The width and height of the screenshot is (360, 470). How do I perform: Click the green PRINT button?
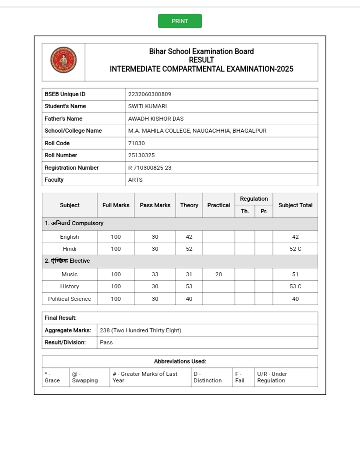(x=180, y=21)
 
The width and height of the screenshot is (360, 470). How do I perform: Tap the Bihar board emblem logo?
(x=63, y=60)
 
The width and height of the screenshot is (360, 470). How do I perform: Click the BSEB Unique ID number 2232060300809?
(x=149, y=94)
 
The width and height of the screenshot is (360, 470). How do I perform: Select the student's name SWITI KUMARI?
(x=147, y=106)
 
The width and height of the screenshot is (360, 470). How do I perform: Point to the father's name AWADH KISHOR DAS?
(x=155, y=119)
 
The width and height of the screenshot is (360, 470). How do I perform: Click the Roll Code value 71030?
(x=136, y=143)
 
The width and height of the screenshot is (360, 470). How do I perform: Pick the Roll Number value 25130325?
(x=141, y=155)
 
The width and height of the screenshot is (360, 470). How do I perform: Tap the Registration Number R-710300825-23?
(x=149, y=168)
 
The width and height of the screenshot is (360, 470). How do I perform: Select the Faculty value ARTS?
(x=135, y=180)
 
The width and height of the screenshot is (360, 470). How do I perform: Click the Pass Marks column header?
(x=155, y=205)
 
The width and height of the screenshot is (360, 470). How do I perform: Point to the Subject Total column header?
(x=295, y=205)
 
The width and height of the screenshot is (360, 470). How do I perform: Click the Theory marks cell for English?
(x=189, y=237)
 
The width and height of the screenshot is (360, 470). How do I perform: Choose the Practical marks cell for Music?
(x=218, y=274)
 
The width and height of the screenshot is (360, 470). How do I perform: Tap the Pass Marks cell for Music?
(x=155, y=274)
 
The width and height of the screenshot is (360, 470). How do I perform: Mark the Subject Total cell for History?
(x=295, y=286)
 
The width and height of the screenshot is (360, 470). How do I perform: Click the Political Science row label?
(x=69, y=299)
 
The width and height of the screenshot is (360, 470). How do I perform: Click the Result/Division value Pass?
(x=106, y=342)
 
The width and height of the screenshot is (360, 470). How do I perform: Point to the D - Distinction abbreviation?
(x=207, y=377)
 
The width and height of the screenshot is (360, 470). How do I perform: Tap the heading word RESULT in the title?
(x=201, y=60)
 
